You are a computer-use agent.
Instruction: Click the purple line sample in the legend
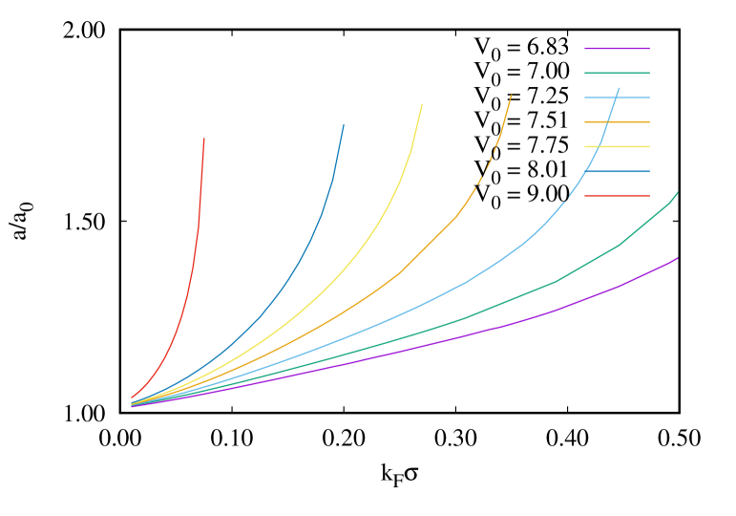click(617, 48)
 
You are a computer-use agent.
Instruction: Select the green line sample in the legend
click(617, 73)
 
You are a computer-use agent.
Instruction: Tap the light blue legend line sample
click(617, 97)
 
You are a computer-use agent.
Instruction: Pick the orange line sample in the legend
click(617, 122)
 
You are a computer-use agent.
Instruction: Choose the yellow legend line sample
click(617, 147)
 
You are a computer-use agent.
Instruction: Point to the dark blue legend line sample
click(617, 172)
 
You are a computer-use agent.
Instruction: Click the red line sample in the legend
click(617, 196)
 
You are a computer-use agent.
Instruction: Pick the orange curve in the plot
click(398, 274)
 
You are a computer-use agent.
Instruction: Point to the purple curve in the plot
click(477, 333)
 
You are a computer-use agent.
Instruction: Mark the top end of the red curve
click(204, 140)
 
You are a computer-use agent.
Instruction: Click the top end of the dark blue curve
click(344, 124)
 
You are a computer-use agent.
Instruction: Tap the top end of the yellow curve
click(422, 104)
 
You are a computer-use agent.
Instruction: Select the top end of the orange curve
click(511, 96)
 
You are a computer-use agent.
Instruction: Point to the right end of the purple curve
click(678, 258)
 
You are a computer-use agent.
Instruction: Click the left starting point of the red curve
click(132, 397)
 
